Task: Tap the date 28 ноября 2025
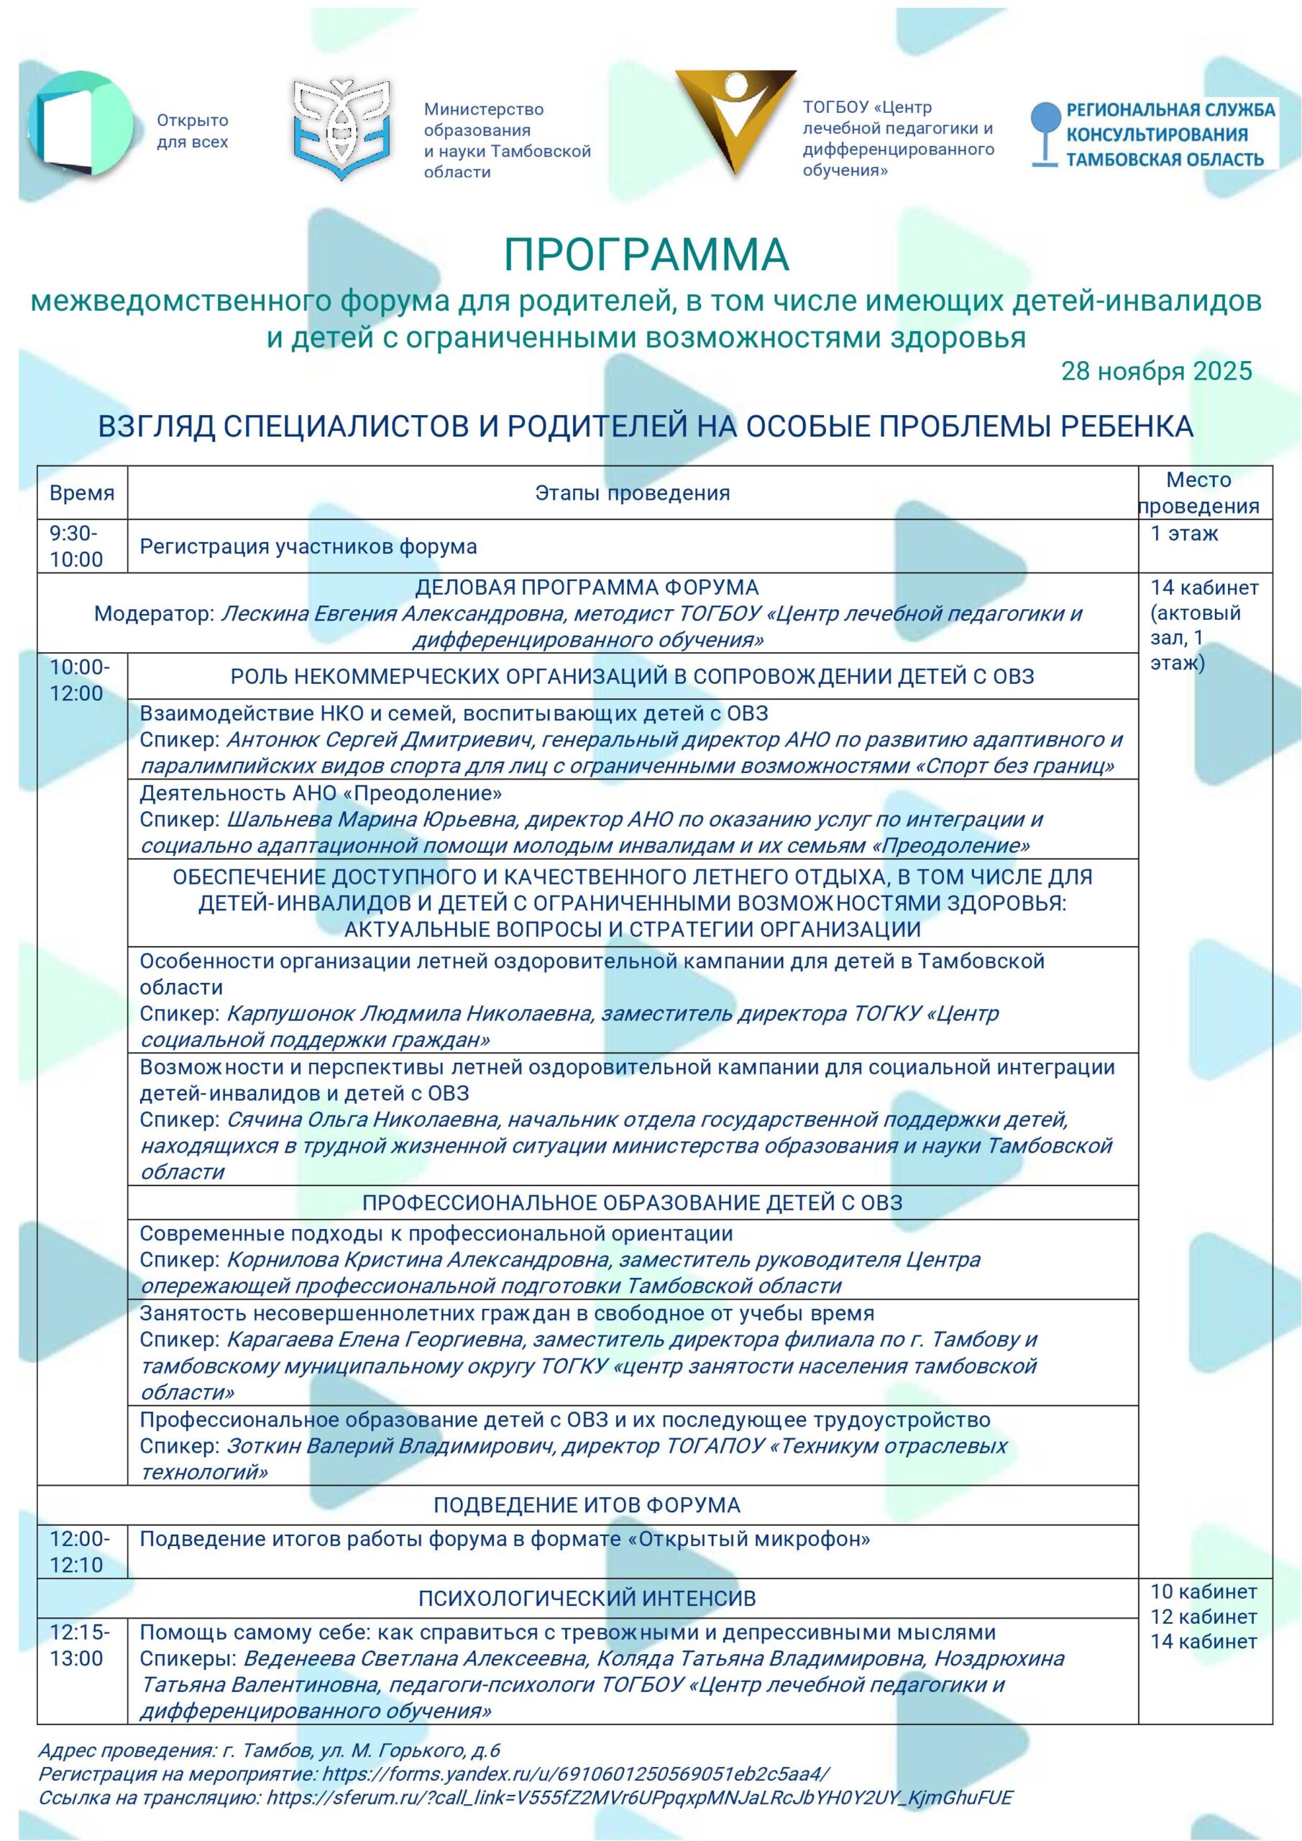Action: click(1156, 370)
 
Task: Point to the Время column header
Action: click(82, 493)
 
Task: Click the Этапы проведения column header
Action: click(633, 493)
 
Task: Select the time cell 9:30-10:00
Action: click(77, 546)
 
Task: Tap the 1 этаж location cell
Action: click(1184, 533)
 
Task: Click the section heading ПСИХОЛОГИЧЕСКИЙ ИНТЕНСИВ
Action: click(587, 1598)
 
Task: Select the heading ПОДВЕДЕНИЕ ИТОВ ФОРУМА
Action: click(587, 1505)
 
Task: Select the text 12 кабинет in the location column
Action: click(1204, 1617)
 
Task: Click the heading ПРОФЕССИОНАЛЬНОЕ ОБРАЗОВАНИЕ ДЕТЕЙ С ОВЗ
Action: click(632, 1202)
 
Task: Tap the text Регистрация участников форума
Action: click(308, 547)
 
